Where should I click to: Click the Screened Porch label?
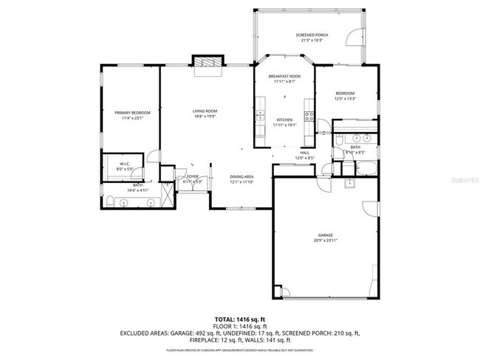pyautogui.click(x=311, y=35)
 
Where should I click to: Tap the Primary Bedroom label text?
pyautogui.click(x=132, y=112)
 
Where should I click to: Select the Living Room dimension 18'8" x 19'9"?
pyautogui.click(x=205, y=116)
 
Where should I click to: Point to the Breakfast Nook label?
pyautogui.click(x=284, y=76)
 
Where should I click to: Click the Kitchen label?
pyautogui.click(x=284, y=120)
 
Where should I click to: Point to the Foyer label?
pyautogui.click(x=192, y=176)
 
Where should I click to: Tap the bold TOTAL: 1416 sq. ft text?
pyautogui.click(x=239, y=318)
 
